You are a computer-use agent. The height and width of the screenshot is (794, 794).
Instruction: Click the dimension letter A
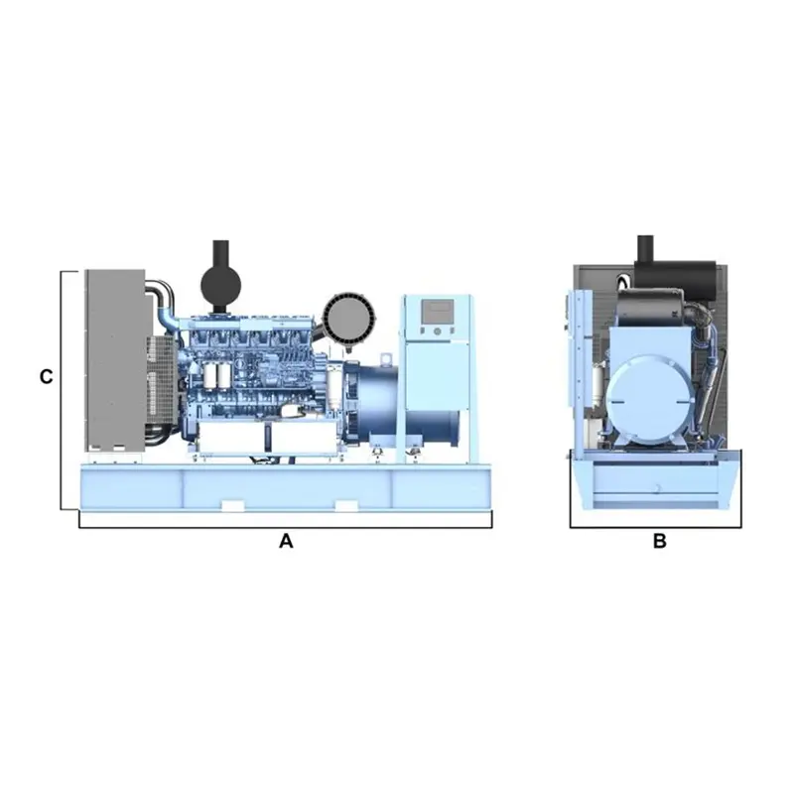click(286, 541)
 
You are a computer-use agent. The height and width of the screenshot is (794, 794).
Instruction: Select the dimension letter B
click(659, 541)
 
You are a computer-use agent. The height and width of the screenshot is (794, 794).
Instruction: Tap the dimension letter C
click(46, 377)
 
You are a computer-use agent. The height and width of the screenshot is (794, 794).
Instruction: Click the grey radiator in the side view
click(115, 360)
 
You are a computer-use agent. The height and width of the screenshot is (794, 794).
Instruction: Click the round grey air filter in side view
click(349, 318)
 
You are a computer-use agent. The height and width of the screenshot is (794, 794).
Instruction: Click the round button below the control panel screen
click(438, 331)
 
